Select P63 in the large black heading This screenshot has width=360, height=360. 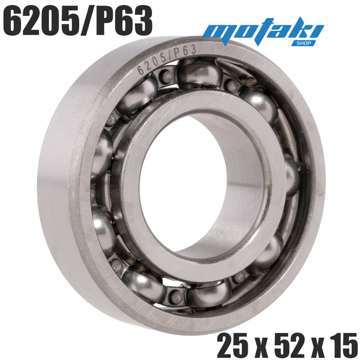coord(124,20)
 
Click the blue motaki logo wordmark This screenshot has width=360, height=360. coord(263,31)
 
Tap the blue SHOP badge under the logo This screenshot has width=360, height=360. coord(303,43)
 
